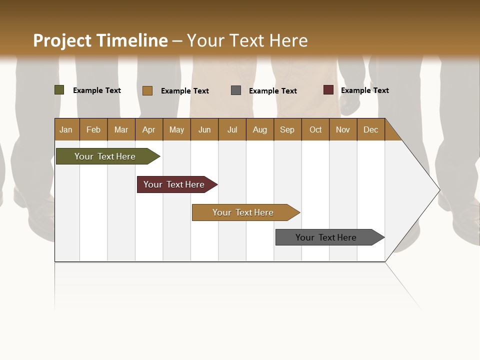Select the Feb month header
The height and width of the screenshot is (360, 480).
point(93,129)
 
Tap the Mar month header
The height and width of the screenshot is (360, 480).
point(121,129)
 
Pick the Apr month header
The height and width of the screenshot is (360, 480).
point(149,129)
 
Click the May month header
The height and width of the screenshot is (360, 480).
point(176,129)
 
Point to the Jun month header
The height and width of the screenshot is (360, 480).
point(204,129)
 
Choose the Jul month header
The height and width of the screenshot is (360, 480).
point(232,129)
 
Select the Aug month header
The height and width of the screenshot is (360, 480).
point(260,129)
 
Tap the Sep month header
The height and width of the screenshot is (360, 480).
point(287,129)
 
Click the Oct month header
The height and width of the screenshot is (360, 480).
point(315,129)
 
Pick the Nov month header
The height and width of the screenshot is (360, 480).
point(343,129)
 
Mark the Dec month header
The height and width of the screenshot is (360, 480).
point(371,129)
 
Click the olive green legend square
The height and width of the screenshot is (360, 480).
point(59,90)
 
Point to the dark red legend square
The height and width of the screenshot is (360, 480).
point(328,90)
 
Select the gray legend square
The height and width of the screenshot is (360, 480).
point(236,90)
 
